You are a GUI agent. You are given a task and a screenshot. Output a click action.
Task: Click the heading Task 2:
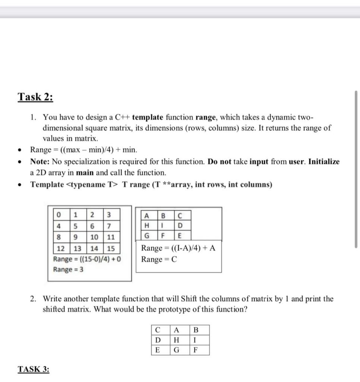coord(35,97)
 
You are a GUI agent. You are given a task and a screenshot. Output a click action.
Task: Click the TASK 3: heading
coord(34,369)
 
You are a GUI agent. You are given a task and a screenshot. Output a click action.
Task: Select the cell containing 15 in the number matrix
coord(111,248)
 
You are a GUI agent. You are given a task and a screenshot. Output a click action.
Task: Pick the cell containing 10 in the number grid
coord(94,237)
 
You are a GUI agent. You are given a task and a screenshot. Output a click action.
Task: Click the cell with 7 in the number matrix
coord(108,226)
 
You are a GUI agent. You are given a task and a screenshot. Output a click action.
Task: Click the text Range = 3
coord(68,269)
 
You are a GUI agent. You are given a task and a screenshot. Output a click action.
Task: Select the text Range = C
coord(159,260)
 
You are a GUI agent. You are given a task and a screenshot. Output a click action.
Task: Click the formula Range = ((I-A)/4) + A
coord(178,248)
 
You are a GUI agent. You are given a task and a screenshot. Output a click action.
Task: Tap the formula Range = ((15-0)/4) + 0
coord(87,259)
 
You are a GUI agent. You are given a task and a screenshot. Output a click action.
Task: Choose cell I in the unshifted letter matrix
coord(163,226)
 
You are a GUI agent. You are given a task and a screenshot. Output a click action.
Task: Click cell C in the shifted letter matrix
coord(158,330)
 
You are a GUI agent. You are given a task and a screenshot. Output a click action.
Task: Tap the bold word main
coord(85,173)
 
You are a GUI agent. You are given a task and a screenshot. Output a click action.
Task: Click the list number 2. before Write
coord(34,299)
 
